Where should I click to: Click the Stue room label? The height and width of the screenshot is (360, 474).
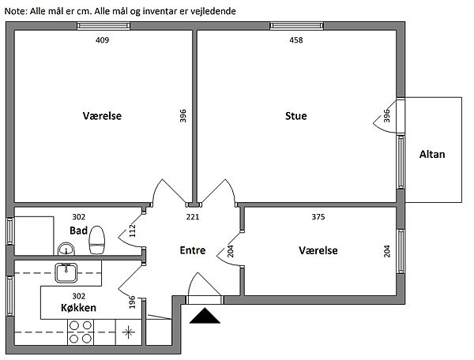pyautogui.click(x=296, y=116)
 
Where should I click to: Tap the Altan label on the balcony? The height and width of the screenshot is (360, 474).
pyautogui.click(x=432, y=154)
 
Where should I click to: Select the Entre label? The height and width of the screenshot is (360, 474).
pyautogui.click(x=193, y=250)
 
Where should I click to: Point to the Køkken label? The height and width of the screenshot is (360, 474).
pyautogui.click(x=78, y=308)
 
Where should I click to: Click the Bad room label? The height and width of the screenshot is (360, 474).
pyautogui.click(x=78, y=231)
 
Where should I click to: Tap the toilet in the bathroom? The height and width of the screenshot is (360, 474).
pyautogui.click(x=97, y=240)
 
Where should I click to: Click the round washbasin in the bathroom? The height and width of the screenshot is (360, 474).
pyautogui.click(x=66, y=249)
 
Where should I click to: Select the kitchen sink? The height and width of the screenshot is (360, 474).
pyautogui.click(x=66, y=272)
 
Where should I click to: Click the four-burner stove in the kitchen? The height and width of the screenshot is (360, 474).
pyautogui.click(x=81, y=332)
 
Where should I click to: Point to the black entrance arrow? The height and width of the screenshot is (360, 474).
pyautogui.click(x=205, y=316)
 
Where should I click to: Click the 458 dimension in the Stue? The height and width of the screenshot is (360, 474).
pyautogui.click(x=296, y=40)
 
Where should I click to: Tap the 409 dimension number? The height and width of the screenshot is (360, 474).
pyautogui.click(x=102, y=40)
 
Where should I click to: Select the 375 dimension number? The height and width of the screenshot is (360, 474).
pyautogui.click(x=318, y=217)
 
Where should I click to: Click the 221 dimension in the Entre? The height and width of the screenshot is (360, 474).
pyautogui.click(x=193, y=217)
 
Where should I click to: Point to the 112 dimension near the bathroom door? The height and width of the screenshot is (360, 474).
pyautogui.click(x=133, y=231)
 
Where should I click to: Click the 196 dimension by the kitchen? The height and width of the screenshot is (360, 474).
pyautogui.click(x=132, y=302)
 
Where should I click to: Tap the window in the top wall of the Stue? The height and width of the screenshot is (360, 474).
pyautogui.click(x=296, y=26)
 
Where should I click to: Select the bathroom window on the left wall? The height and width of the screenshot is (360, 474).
pyautogui.click(x=10, y=231)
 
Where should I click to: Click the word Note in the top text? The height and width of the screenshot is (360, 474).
pyautogui.click(x=16, y=12)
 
